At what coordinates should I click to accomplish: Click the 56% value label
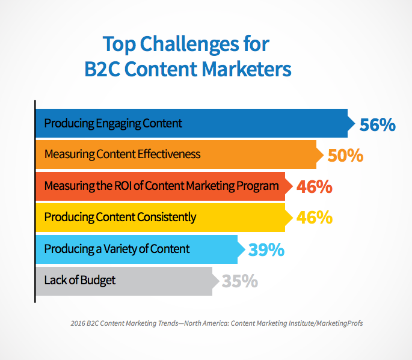(377, 124)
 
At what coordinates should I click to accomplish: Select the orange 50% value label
(345, 156)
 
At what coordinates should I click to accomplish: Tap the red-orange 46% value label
(315, 187)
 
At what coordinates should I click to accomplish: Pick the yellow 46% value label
(315, 218)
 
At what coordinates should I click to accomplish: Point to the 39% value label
(266, 249)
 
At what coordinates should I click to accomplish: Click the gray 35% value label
(240, 281)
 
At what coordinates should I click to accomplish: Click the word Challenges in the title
(189, 44)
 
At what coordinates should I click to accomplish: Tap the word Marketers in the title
(247, 69)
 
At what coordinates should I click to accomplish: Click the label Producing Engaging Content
(113, 123)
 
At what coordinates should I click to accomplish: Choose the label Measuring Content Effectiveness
(122, 154)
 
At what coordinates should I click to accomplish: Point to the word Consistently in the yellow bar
(167, 218)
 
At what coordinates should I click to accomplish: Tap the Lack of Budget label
(80, 280)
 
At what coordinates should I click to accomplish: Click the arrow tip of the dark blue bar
(355, 123)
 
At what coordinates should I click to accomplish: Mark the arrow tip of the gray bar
(220, 281)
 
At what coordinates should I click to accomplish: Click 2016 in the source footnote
(78, 323)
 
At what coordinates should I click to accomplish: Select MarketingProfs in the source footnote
(339, 323)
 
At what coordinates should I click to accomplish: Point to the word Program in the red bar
(257, 186)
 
